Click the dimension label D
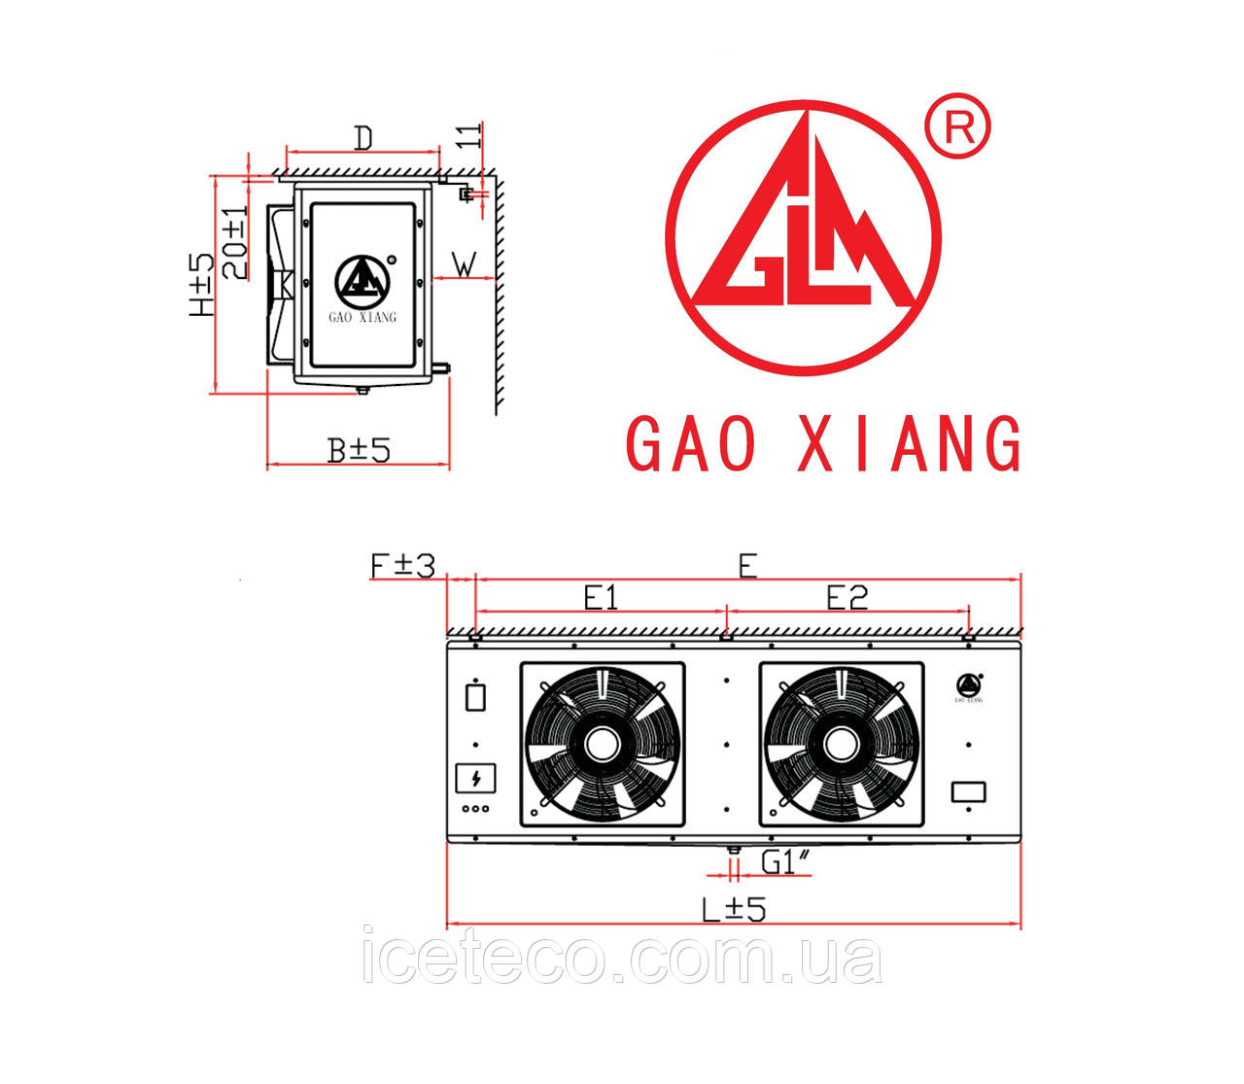(363, 139)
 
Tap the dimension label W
(466, 265)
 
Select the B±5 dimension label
(359, 450)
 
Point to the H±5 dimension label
(202, 285)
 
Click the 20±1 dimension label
(236, 242)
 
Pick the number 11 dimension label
(469, 135)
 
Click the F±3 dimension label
(402, 566)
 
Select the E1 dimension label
(601, 598)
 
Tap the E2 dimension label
(847, 598)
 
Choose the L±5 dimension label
(734, 910)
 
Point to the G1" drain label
(786, 861)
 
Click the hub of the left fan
(602, 744)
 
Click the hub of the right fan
(842, 744)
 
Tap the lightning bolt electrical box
(475, 778)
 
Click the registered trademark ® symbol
(957, 125)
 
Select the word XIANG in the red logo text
(910, 444)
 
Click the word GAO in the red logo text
(691, 444)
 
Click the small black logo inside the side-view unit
(363, 282)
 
